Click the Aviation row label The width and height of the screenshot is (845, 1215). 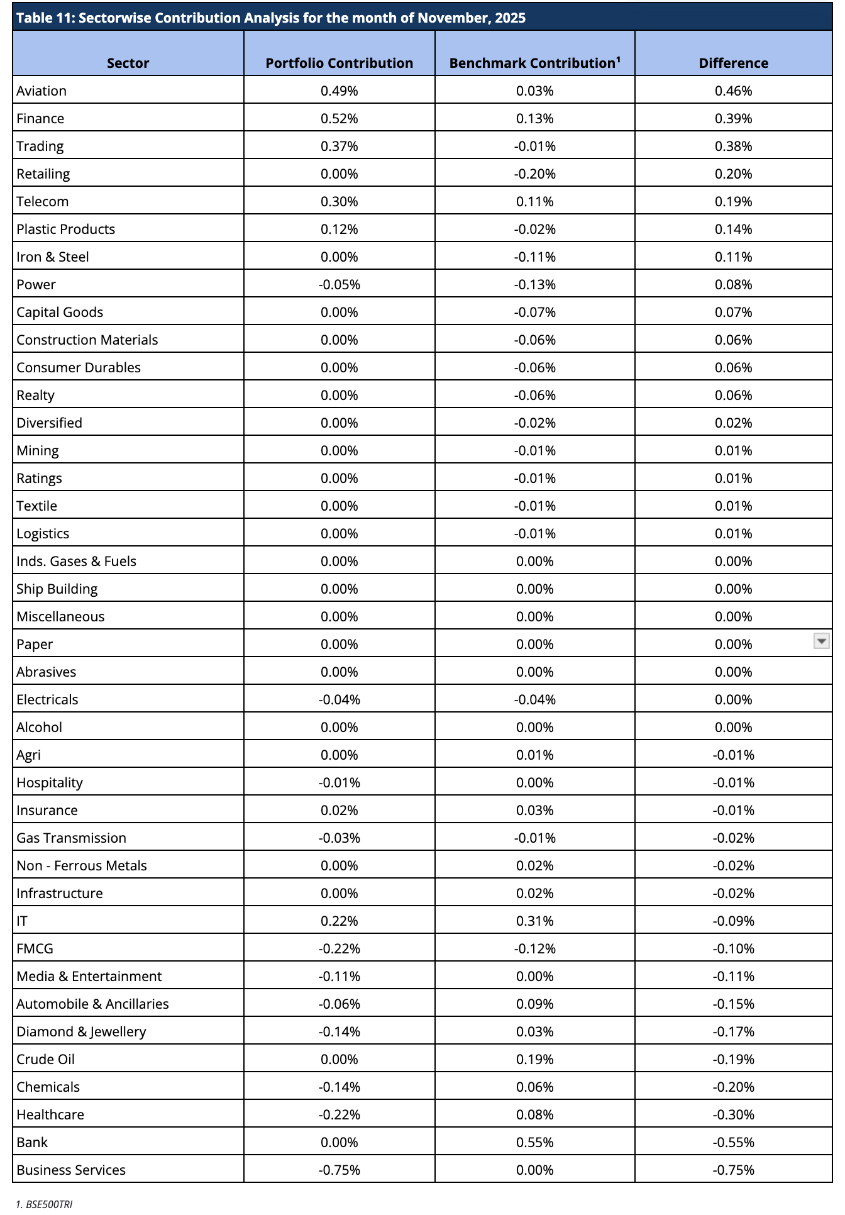point(41,91)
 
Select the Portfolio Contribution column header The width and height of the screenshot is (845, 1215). point(339,63)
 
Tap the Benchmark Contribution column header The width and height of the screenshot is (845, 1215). point(534,63)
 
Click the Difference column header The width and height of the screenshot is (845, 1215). point(733,63)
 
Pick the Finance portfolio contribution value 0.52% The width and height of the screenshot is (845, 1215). point(339,118)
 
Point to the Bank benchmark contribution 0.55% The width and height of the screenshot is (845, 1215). point(534,1142)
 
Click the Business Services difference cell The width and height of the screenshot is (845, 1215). point(733,1170)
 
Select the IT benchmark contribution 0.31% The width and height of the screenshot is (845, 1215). point(534,921)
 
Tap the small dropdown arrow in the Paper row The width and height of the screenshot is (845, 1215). point(821,641)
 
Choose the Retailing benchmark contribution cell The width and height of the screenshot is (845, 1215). point(534,174)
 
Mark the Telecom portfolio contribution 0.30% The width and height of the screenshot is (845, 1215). point(339,201)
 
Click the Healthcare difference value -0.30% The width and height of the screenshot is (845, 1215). point(733,1114)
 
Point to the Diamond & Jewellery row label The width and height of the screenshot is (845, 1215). point(81,1031)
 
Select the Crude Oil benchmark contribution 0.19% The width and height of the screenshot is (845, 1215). point(534,1059)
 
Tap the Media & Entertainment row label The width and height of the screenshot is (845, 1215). point(89,976)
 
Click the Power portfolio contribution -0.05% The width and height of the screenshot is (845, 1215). point(339,284)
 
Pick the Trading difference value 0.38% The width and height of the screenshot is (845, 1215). point(733,146)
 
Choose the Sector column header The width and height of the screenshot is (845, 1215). point(128,63)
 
